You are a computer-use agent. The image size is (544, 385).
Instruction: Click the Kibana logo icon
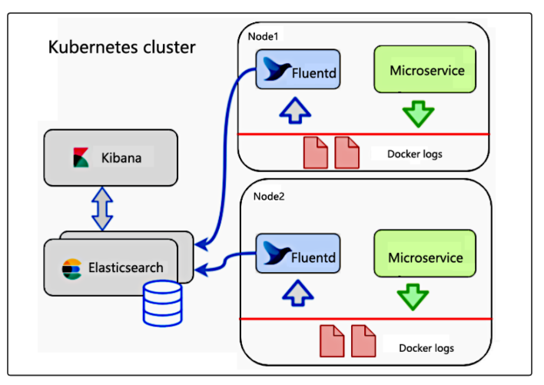[x=81, y=158]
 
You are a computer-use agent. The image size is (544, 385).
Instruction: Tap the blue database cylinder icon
[x=162, y=304]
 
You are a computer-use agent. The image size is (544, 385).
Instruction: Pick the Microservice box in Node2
[x=425, y=256]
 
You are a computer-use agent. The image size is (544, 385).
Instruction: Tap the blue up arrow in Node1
[x=297, y=111]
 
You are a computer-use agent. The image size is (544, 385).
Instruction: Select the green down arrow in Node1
[x=419, y=112]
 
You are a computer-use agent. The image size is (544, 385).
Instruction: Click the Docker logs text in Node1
[x=415, y=154]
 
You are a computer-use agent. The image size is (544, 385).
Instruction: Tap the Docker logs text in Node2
[x=426, y=348]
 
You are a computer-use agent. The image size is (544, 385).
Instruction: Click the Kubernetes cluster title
[x=122, y=48]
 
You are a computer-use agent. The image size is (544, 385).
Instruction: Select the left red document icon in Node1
[x=315, y=152]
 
